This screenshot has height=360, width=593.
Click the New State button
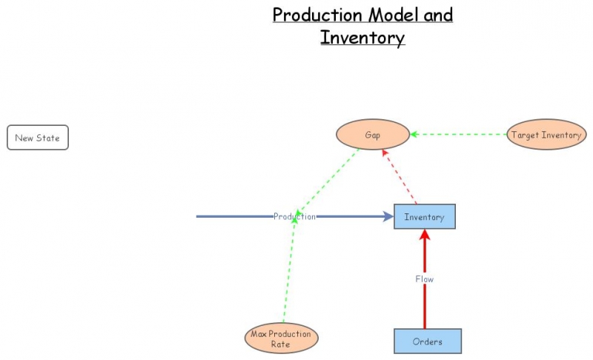click(x=38, y=138)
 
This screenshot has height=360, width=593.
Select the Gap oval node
click(x=373, y=135)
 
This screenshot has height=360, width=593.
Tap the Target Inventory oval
click(x=546, y=135)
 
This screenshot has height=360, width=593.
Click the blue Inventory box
click(x=424, y=217)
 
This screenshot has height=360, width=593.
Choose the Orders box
click(x=427, y=341)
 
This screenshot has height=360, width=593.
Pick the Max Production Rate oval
click(x=281, y=339)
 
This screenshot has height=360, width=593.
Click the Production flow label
click(x=294, y=216)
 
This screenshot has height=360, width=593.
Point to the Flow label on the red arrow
click(x=425, y=279)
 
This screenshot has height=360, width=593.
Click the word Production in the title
click(x=317, y=15)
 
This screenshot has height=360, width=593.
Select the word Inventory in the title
click(x=362, y=37)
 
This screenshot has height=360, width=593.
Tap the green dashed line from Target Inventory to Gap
click(x=460, y=135)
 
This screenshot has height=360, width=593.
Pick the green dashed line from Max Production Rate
click(x=289, y=274)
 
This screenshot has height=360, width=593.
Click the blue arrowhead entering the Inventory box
click(x=388, y=216)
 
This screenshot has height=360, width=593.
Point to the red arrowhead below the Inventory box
click(x=425, y=235)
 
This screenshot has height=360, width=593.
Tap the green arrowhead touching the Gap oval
click(x=414, y=135)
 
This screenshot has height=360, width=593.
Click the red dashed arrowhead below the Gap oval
click(x=385, y=153)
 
